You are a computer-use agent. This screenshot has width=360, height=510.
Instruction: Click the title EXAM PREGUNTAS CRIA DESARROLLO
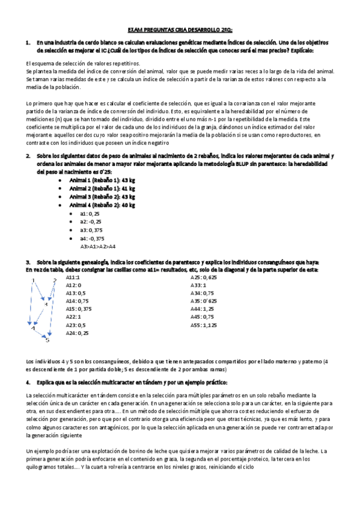tap(181, 29)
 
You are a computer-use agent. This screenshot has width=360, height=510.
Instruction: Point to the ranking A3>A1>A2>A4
tap(98, 246)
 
